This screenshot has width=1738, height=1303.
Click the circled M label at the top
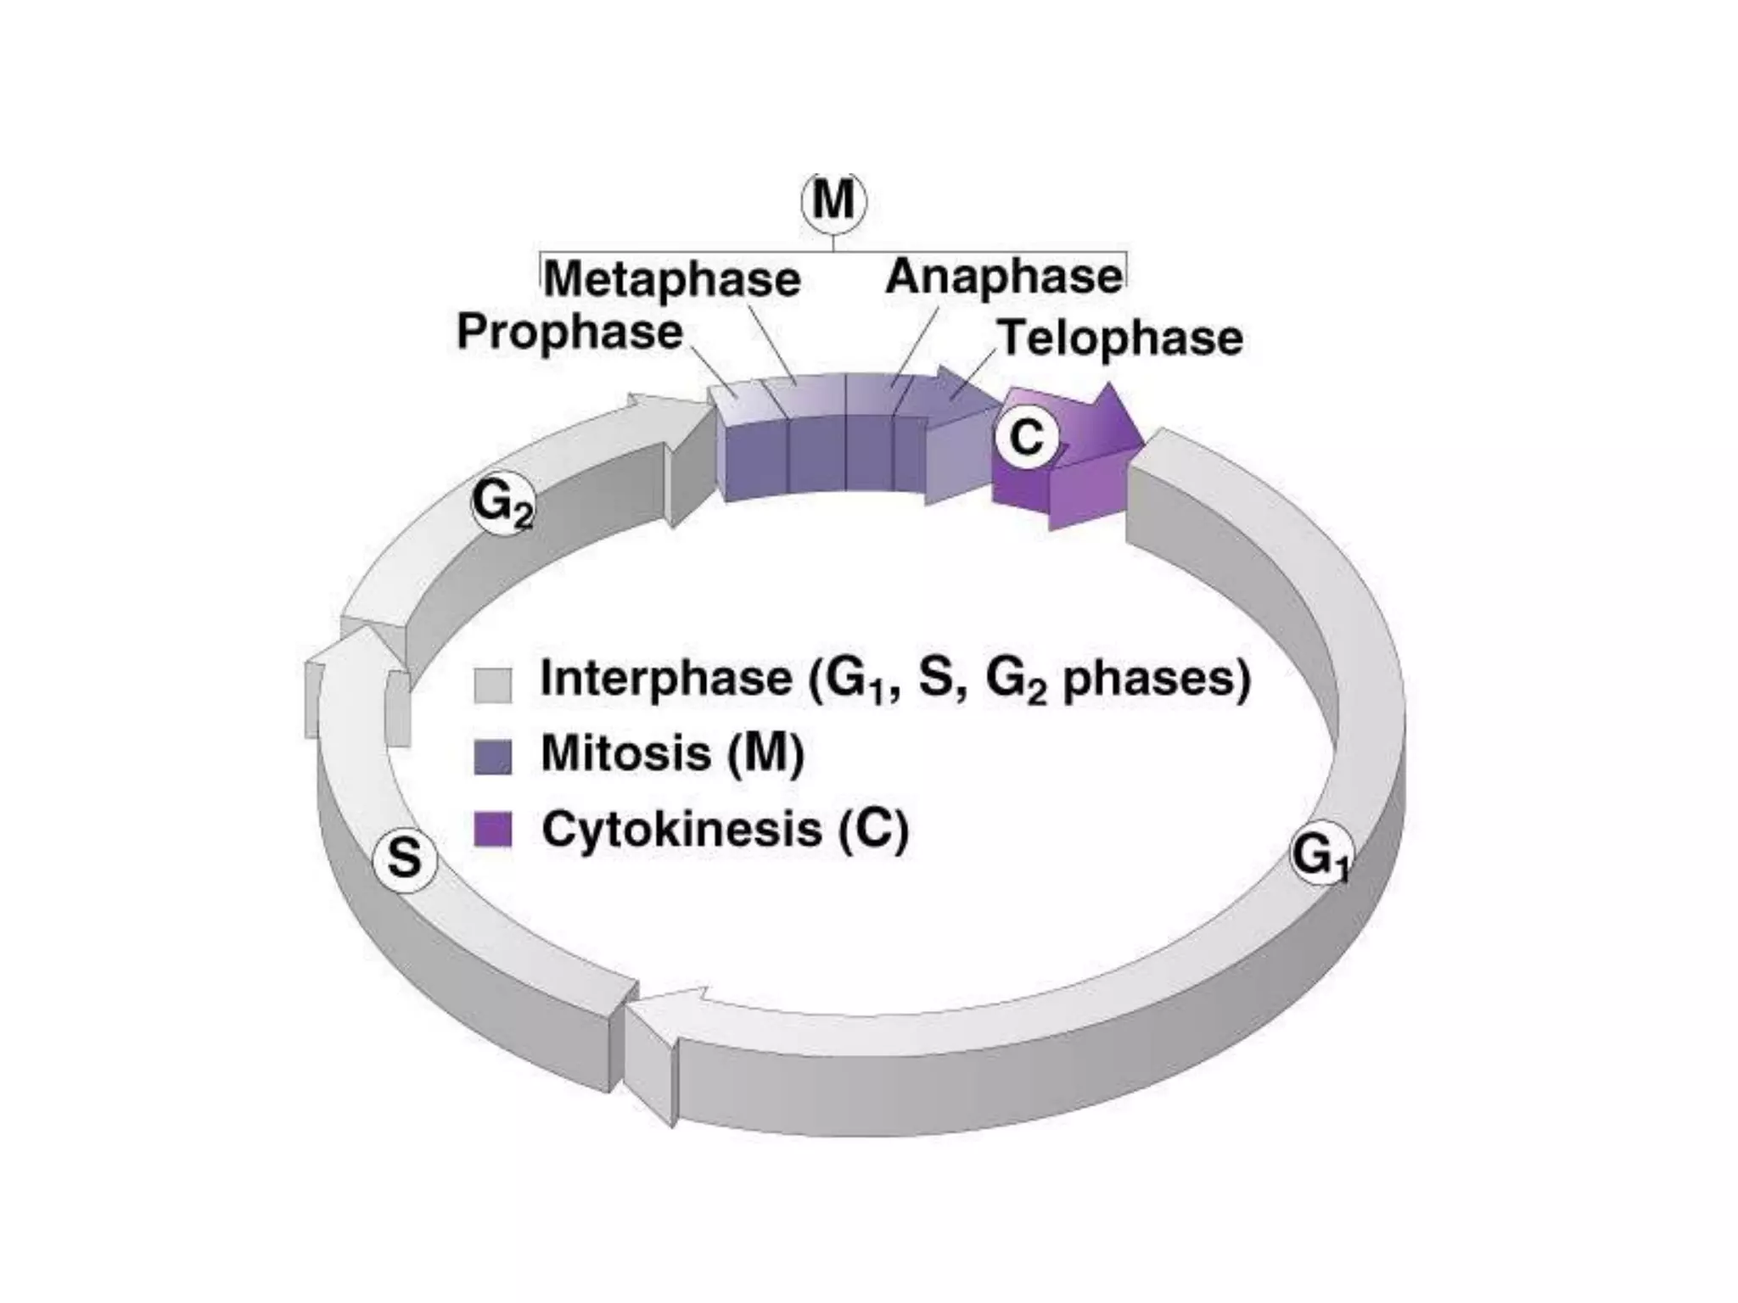833,203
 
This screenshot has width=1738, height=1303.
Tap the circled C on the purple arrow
1026,439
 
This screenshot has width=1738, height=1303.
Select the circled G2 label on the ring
502,505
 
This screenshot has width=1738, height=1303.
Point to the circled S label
405,859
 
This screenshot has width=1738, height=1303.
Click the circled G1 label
1320,854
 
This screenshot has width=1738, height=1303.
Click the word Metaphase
671,279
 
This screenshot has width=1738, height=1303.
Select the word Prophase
569,332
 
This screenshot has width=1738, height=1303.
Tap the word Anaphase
1004,277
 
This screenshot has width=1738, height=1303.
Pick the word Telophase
1120,338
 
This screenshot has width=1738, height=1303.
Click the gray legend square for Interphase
492,685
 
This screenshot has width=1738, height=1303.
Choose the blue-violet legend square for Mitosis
492,757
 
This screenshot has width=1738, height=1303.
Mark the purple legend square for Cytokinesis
492,830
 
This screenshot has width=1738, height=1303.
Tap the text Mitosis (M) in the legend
672,753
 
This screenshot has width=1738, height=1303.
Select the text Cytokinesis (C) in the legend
725,829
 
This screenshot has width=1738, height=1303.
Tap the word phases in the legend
1156,679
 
